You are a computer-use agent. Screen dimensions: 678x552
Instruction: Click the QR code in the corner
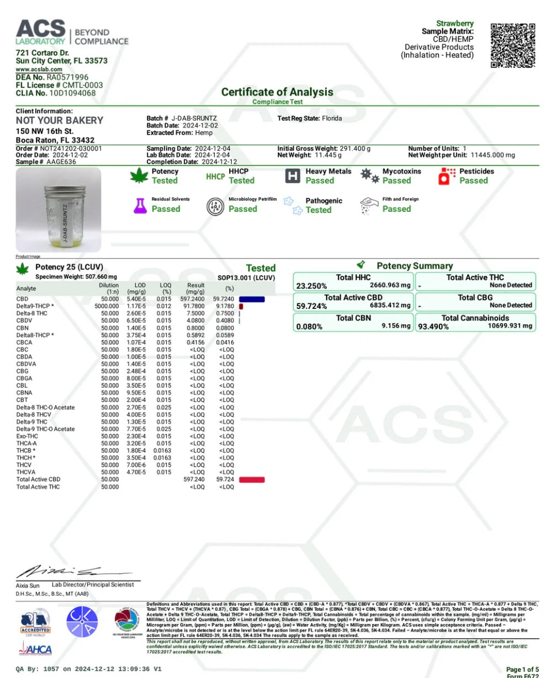point(513,45)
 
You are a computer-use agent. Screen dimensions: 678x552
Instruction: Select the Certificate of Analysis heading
point(277,92)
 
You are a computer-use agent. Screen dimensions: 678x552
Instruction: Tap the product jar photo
point(59,210)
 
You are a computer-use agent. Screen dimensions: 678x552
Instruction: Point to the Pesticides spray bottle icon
point(443,176)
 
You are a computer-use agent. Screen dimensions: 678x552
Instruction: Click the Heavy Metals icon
point(292,176)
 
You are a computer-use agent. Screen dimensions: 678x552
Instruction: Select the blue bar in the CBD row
point(252,299)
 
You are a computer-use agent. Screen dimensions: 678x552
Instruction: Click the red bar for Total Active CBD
point(252,480)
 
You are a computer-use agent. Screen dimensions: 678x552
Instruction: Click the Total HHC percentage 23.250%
point(311,286)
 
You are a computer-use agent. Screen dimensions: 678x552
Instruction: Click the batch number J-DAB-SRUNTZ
point(194,119)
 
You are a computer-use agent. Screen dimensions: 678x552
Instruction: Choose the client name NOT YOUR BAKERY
point(60,120)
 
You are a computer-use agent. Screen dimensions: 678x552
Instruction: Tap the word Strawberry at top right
point(455,23)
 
